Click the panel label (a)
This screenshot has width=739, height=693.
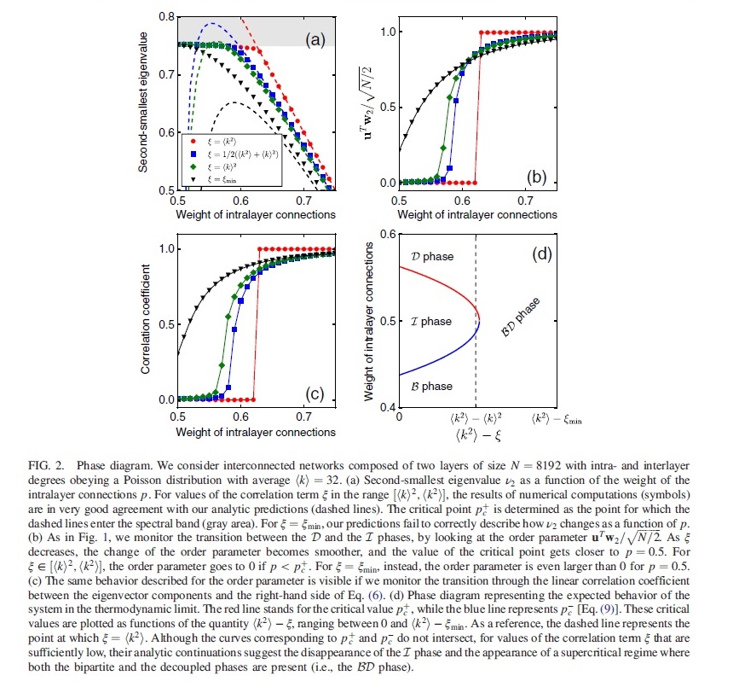tap(314, 38)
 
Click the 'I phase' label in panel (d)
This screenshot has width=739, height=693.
tap(430, 322)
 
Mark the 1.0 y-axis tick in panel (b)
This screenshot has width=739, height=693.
tap(384, 32)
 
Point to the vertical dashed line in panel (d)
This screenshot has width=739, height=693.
tap(475, 341)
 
